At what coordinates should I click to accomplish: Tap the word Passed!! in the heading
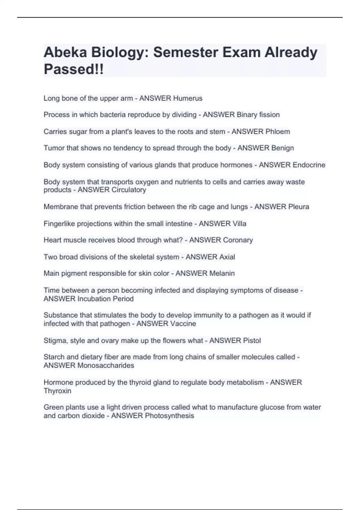(x=73, y=69)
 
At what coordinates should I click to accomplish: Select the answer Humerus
(x=188, y=98)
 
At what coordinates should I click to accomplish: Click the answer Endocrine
(x=309, y=165)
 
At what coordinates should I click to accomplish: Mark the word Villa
(x=239, y=223)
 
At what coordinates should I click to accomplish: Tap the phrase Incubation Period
(x=105, y=299)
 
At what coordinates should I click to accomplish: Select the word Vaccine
(x=183, y=324)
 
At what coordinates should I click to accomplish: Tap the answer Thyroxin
(x=57, y=391)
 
